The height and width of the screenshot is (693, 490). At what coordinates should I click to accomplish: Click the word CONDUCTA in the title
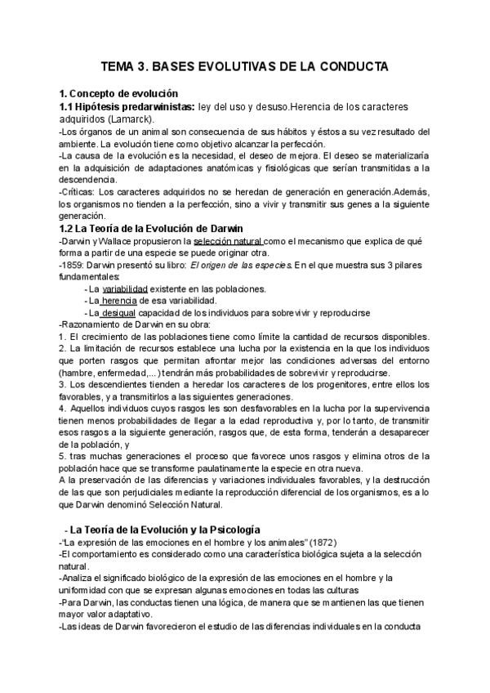pos(350,66)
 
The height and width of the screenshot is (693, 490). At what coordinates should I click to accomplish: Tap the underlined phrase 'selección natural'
pos(228,241)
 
